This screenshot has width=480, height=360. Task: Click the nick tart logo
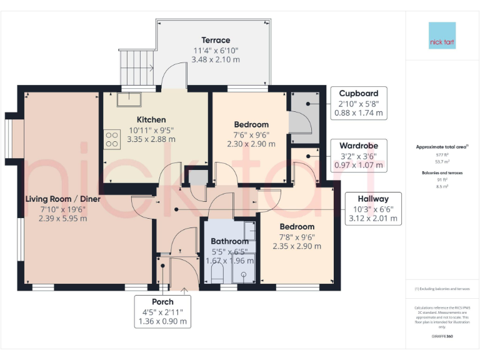(442, 36)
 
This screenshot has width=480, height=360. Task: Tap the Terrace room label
(216, 40)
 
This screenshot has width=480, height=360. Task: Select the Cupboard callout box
(359, 103)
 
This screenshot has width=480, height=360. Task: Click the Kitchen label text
(151, 119)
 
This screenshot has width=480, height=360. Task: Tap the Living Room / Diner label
(62, 199)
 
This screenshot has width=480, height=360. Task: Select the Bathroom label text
(229, 241)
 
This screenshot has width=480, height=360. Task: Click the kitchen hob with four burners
(112, 139)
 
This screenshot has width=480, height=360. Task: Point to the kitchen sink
(129, 99)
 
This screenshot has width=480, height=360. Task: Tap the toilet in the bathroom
(217, 274)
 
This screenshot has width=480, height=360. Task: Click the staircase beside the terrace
(136, 66)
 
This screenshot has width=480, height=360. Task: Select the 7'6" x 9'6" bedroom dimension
(251, 134)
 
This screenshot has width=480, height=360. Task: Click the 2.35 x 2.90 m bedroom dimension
(297, 246)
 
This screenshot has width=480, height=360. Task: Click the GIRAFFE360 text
(442, 336)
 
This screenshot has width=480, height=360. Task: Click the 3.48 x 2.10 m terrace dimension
(216, 60)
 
